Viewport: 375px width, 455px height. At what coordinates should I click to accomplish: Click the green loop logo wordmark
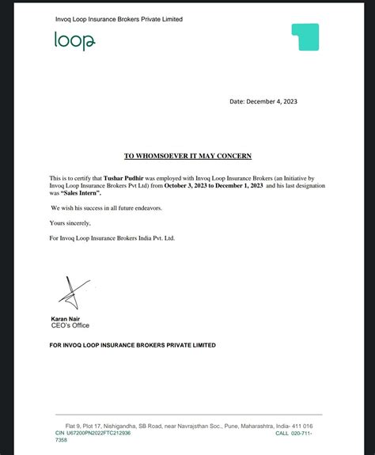click(x=74, y=41)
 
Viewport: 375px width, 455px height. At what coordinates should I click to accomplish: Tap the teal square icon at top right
click(x=305, y=37)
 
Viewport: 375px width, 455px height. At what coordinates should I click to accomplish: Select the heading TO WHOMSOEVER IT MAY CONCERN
click(x=187, y=157)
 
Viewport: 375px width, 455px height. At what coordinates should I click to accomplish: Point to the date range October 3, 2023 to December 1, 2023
click(x=213, y=186)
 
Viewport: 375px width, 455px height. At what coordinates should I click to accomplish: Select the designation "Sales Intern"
click(x=80, y=193)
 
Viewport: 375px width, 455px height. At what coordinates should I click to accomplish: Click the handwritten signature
click(x=70, y=294)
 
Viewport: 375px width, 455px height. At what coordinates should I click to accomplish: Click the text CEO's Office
click(x=70, y=326)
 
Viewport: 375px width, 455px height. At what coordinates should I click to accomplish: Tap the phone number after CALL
click(x=305, y=433)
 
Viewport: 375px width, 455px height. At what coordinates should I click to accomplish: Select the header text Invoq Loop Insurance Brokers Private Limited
click(x=119, y=19)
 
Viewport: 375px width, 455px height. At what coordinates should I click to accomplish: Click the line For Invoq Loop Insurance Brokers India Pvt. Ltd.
click(x=112, y=238)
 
